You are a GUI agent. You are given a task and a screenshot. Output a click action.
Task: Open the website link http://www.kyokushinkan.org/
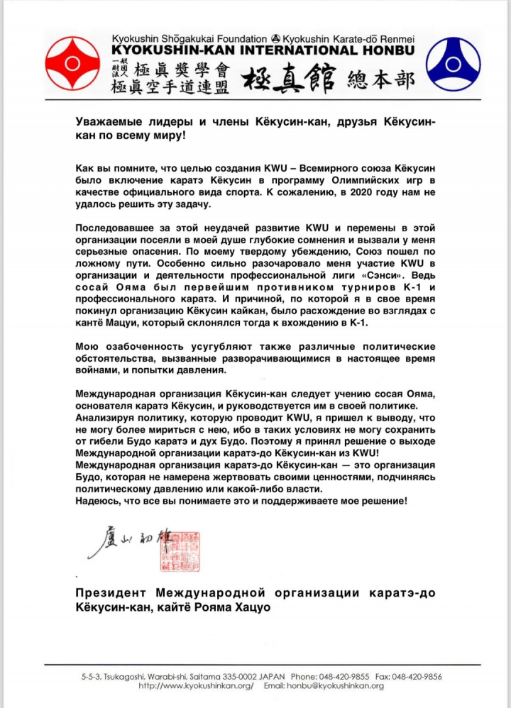(195, 686)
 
